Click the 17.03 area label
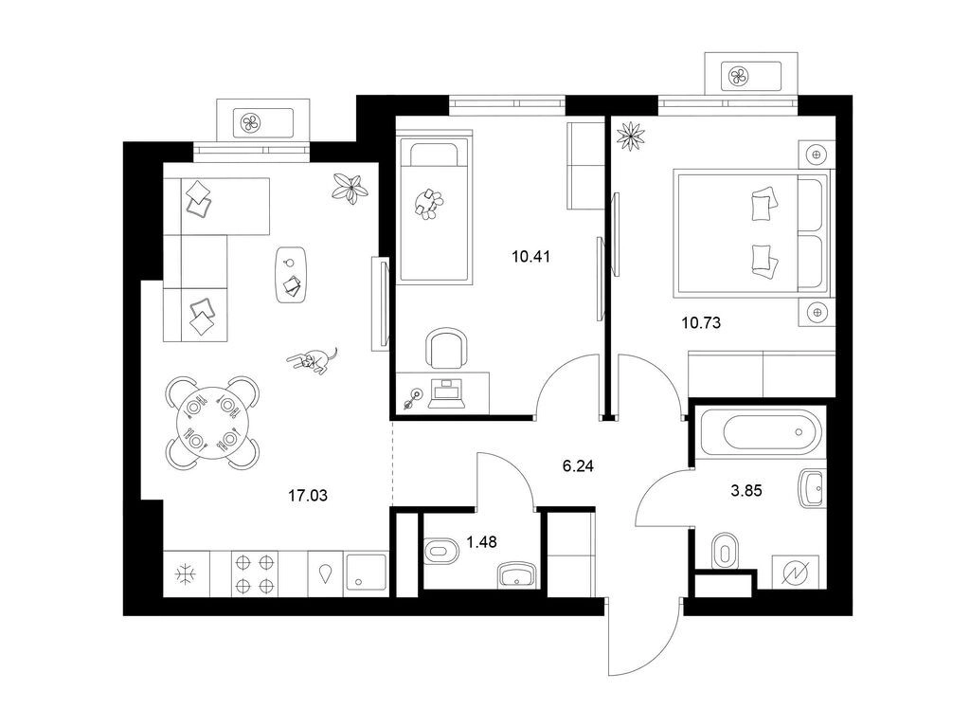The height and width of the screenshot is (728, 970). (308, 495)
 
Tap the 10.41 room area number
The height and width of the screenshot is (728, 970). (530, 256)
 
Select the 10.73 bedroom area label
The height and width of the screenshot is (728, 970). (701, 322)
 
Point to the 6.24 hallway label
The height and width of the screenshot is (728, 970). (578, 466)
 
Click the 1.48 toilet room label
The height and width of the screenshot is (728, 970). (481, 542)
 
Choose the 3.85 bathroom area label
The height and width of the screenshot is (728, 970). (746, 491)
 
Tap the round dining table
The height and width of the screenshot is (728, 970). (212, 423)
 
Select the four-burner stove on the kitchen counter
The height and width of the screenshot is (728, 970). (255, 573)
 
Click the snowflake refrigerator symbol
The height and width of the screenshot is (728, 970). (185, 574)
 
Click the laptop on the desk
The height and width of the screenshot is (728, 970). (447, 393)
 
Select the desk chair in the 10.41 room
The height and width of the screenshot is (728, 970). (445, 349)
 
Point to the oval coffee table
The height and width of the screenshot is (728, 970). (291, 275)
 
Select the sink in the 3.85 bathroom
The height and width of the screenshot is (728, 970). (812, 488)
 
